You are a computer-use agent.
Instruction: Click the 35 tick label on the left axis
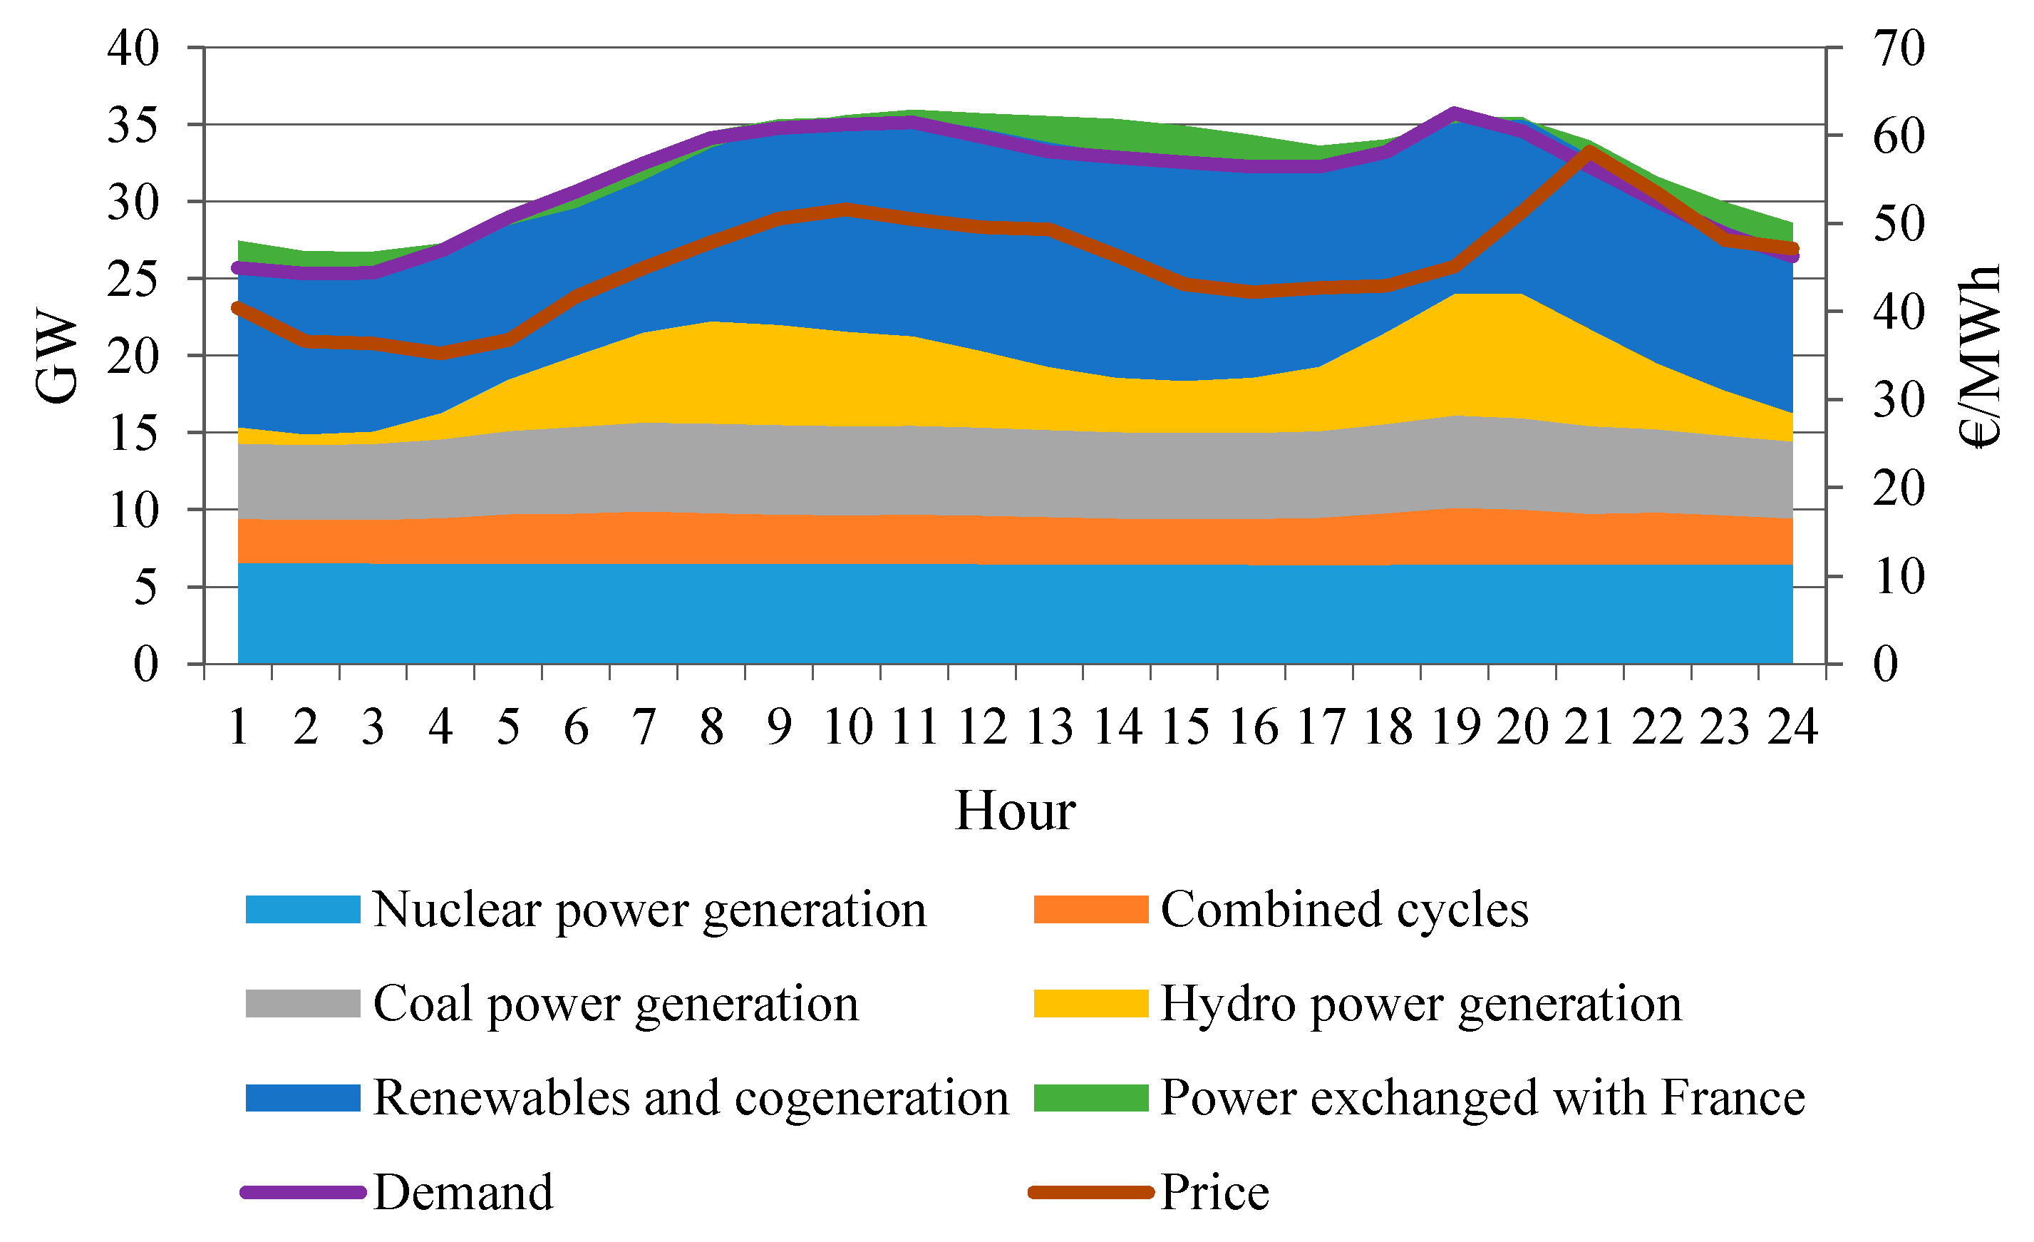pyautogui.click(x=133, y=125)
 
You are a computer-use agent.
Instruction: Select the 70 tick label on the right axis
pyautogui.click(x=1899, y=48)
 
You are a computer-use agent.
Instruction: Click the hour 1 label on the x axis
pyautogui.click(x=239, y=727)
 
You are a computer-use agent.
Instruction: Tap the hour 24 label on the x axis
pyautogui.click(x=1792, y=727)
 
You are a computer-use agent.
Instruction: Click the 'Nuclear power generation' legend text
pyautogui.click(x=650, y=910)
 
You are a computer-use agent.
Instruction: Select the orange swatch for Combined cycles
pyautogui.click(x=1090, y=910)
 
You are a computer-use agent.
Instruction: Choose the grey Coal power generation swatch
pyautogui.click(x=303, y=1004)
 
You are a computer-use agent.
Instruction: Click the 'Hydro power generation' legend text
pyautogui.click(x=1420, y=1004)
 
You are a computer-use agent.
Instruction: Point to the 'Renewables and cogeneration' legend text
pyautogui.click(x=691, y=1098)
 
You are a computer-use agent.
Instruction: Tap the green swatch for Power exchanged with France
pyautogui.click(x=1090, y=1098)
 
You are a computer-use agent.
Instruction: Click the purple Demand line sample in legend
pyautogui.click(x=303, y=1193)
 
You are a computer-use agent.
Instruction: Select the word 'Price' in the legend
pyautogui.click(x=1214, y=1193)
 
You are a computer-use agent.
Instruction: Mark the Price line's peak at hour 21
pyautogui.click(x=1589, y=150)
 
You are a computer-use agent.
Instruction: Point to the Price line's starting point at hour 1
pyautogui.click(x=239, y=308)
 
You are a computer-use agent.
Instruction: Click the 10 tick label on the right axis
pyautogui.click(x=1899, y=576)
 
